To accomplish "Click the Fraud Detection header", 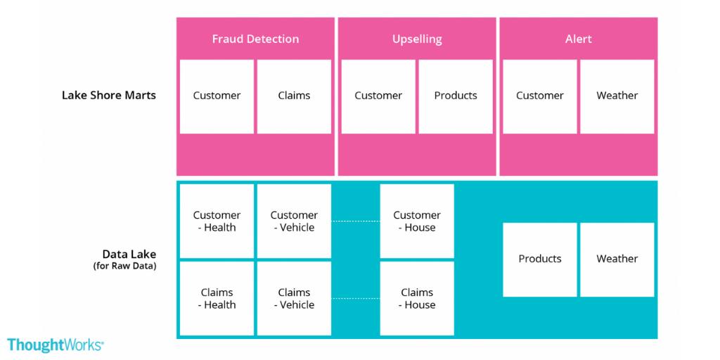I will click(255, 39).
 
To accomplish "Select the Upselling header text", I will click(416, 39).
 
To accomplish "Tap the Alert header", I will click(578, 39).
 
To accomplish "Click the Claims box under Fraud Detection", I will click(294, 96).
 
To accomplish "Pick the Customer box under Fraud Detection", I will click(217, 96).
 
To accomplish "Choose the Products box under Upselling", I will click(455, 96).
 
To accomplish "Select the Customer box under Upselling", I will click(378, 96).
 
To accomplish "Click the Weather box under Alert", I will click(617, 96).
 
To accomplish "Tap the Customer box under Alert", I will click(540, 96).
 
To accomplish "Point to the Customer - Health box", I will click(217, 221).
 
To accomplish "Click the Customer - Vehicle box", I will click(294, 221).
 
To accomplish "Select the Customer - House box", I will click(417, 221).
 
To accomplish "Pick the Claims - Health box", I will click(217, 299).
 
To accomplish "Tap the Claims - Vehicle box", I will click(294, 299).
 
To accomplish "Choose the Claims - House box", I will click(417, 299).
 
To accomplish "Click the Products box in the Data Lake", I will click(540, 259).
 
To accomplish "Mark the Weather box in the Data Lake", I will click(617, 259).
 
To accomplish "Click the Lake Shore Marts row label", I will click(109, 96).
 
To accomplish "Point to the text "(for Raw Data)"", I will click(124, 266).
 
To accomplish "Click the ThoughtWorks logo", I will click(56, 345).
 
